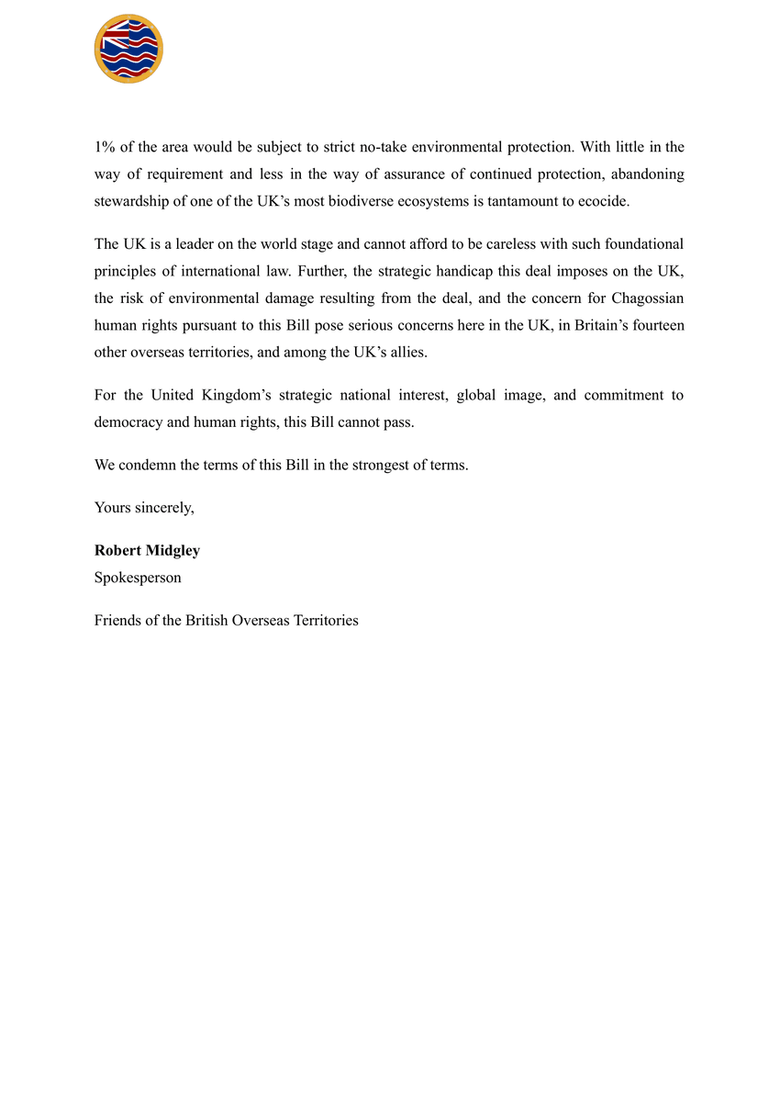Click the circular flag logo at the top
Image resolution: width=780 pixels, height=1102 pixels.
[x=128, y=49]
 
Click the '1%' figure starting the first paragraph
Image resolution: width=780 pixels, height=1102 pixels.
[x=104, y=147]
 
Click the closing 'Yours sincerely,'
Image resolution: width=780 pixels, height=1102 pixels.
[x=144, y=508]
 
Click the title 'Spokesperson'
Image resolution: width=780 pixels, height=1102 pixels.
[x=138, y=578]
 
